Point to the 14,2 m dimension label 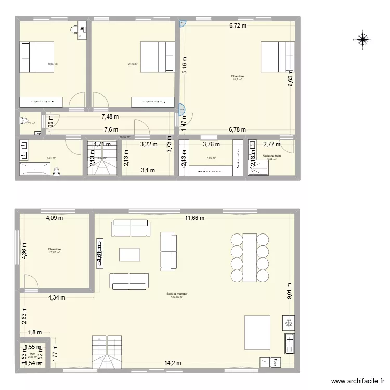tap(173, 363)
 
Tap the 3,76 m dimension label tap(211, 145)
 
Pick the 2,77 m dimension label tap(271, 145)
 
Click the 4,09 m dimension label tap(55, 218)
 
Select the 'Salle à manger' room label tap(177, 294)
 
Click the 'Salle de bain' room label tap(272, 156)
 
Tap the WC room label tap(32, 354)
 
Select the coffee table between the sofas tap(129, 254)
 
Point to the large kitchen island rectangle tap(257, 332)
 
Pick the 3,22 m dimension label tap(149, 145)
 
